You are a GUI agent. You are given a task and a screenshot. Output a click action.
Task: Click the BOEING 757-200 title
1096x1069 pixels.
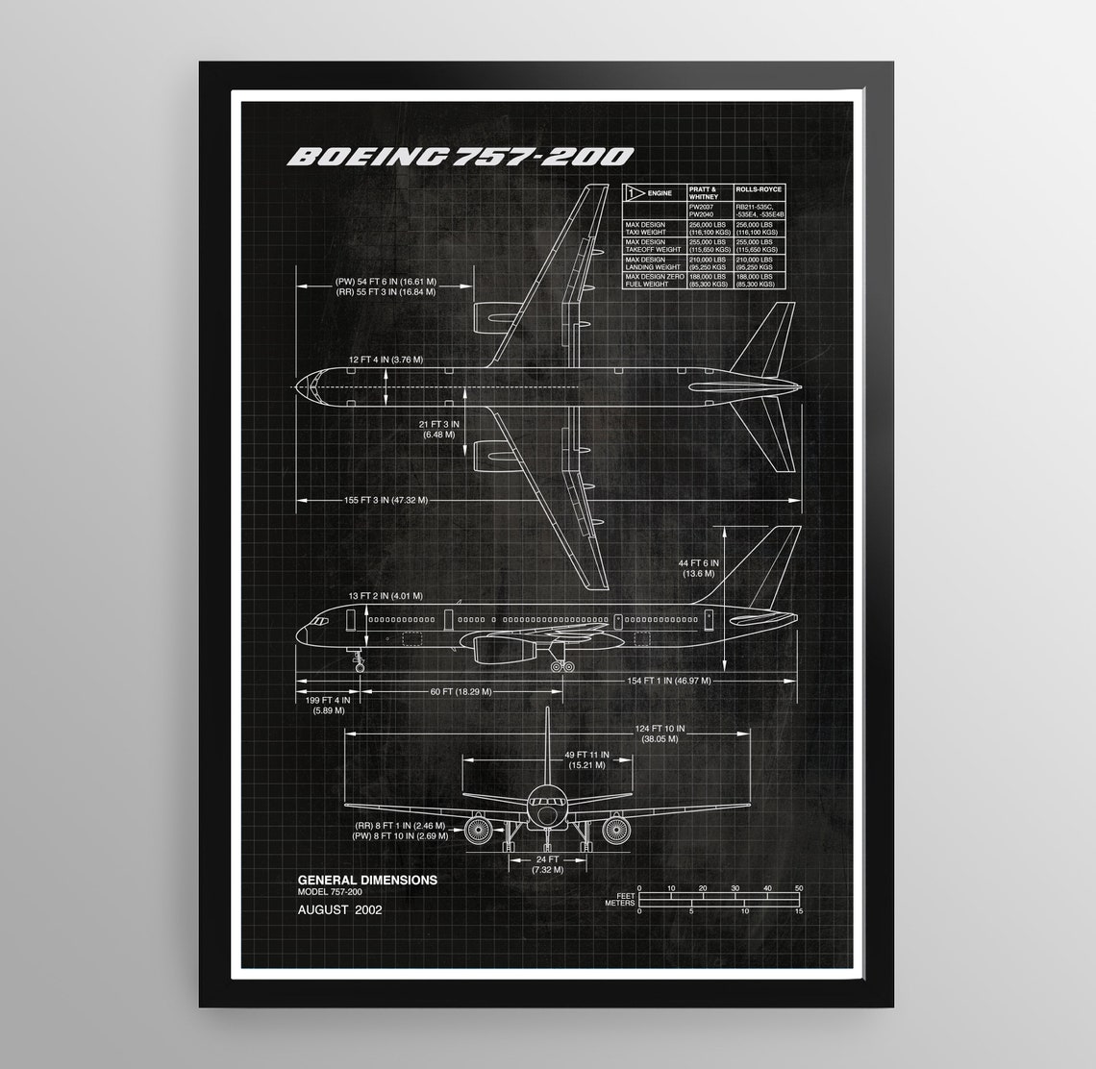[461, 156]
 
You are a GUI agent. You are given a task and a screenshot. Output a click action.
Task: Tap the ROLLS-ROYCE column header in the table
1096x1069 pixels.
[759, 189]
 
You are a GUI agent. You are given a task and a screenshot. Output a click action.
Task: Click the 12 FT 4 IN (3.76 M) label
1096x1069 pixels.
[386, 359]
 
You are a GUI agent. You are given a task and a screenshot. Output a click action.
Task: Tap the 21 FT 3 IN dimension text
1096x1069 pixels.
[438, 429]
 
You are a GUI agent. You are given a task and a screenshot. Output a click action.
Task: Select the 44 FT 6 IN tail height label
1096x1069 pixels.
[698, 567]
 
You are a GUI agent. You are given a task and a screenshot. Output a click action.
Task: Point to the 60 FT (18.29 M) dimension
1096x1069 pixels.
[461, 691]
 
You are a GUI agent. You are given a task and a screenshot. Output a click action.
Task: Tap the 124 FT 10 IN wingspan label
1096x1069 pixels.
[660, 734]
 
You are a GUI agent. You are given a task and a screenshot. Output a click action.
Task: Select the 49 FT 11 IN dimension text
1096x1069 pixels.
[585, 759]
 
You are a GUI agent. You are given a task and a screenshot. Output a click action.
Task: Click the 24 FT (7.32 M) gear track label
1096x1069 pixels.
[547, 864]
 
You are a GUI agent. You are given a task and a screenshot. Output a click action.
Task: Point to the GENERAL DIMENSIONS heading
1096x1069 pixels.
[367, 880]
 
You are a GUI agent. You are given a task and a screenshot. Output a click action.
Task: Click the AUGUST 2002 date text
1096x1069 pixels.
[339, 909]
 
